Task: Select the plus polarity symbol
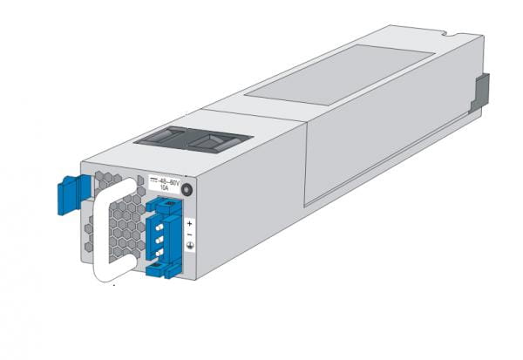pos(190,224)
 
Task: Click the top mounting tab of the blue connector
pos(161,205)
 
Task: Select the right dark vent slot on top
pos(218,141)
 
